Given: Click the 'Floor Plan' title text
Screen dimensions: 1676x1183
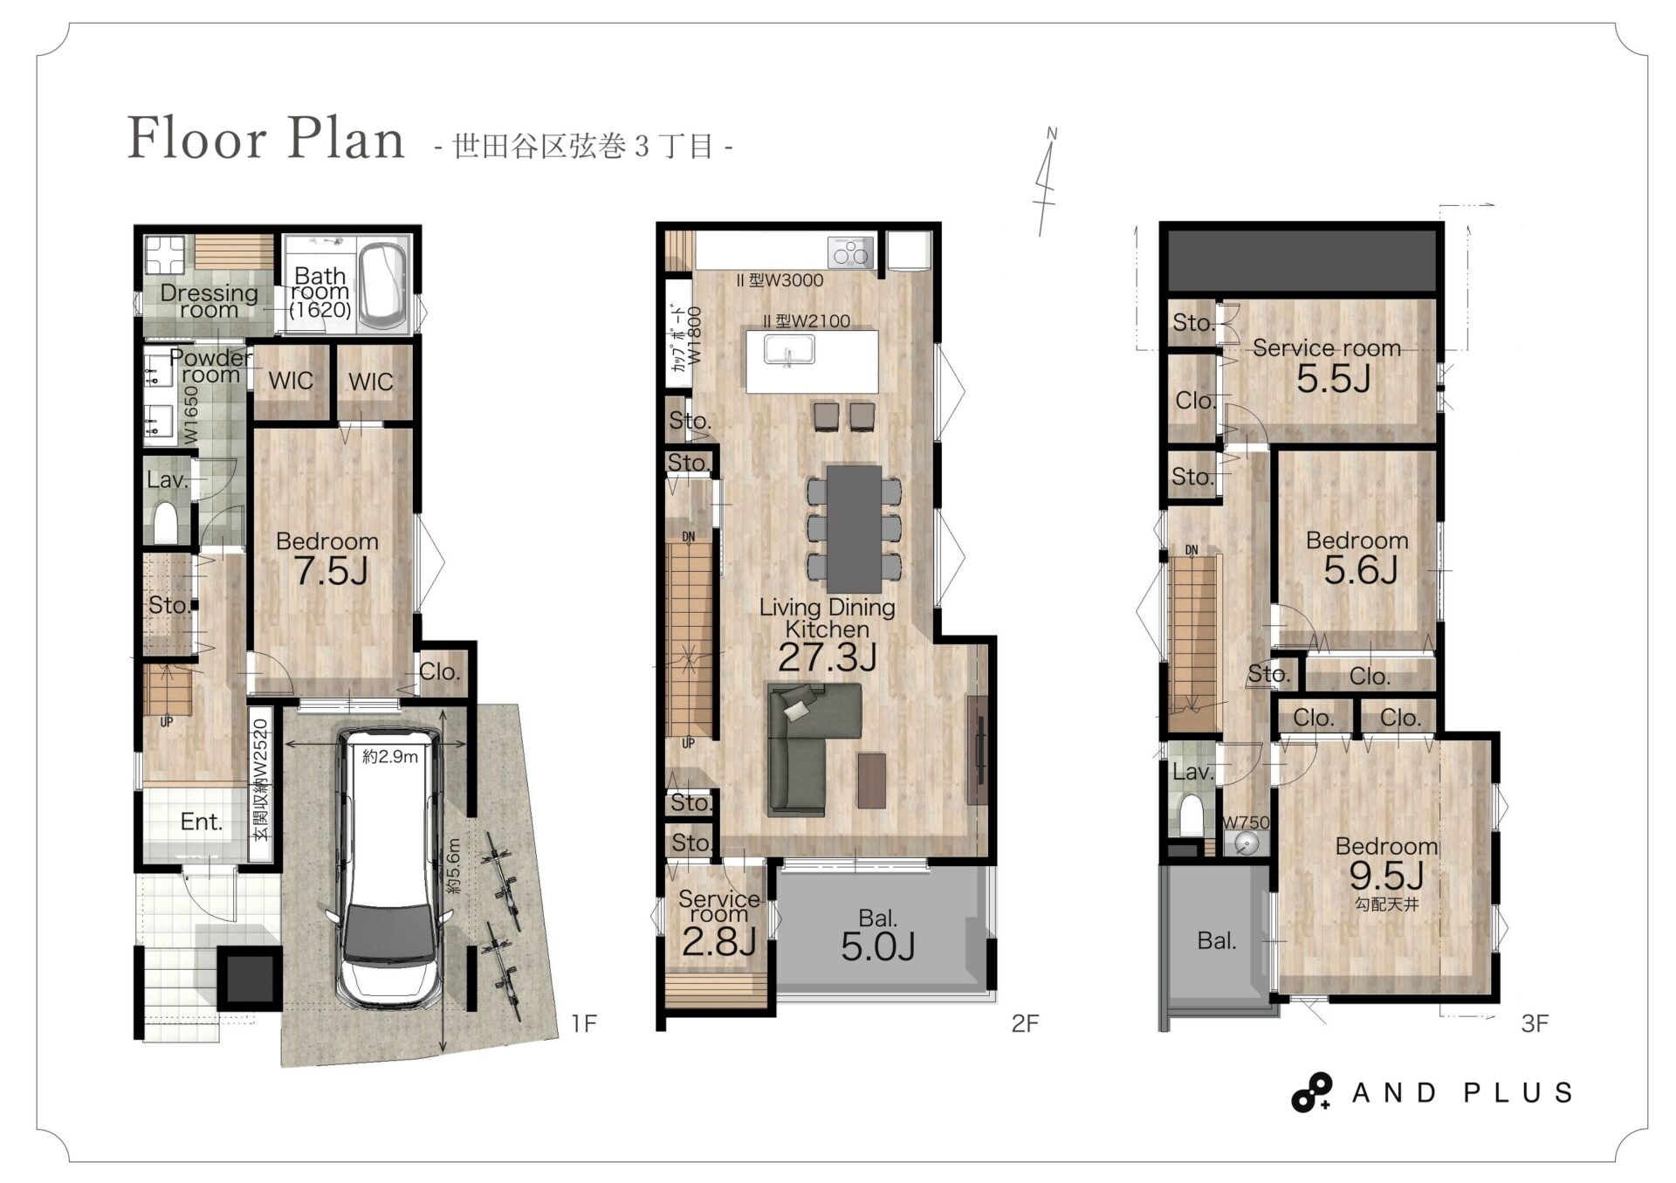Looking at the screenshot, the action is coord(266,138).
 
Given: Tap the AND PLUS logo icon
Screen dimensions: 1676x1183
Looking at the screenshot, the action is coord(1311,1092).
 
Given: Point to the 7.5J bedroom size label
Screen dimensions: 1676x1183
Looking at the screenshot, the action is coord(331,571).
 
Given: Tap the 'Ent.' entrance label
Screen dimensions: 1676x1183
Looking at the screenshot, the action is coord(202,822).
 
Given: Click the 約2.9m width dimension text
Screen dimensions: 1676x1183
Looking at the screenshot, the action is coord(390,756).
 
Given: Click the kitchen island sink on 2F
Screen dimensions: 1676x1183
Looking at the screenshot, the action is coord(789,350).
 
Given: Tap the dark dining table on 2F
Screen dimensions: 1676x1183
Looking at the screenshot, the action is coord(854,528).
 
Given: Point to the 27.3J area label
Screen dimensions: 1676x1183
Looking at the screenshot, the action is coord(828,657).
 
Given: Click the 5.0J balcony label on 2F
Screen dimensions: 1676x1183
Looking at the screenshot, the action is coord(878,946).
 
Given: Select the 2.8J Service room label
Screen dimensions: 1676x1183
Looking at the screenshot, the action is coord(718,942).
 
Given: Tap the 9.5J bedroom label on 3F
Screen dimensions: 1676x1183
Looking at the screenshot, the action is coord(1386,874).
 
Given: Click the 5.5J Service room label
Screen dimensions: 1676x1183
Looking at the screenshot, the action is coord(1333,379).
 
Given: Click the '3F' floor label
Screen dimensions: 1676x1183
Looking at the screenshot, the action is coord(1535,1023).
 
